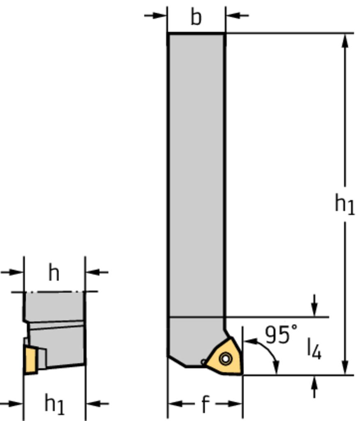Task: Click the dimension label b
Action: point(196,18)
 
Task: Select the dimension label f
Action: point(205,404)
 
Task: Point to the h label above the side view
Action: point(54,273)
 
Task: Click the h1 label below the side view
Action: point(55,404)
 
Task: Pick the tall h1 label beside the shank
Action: point(345,204)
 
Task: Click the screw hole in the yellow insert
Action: point(225,359)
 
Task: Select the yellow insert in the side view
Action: point(30,360)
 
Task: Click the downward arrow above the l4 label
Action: point(314,305)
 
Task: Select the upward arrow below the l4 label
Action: point(314,386)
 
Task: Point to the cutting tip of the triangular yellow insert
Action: point(242,373)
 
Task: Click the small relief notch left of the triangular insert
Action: point(204,362)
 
